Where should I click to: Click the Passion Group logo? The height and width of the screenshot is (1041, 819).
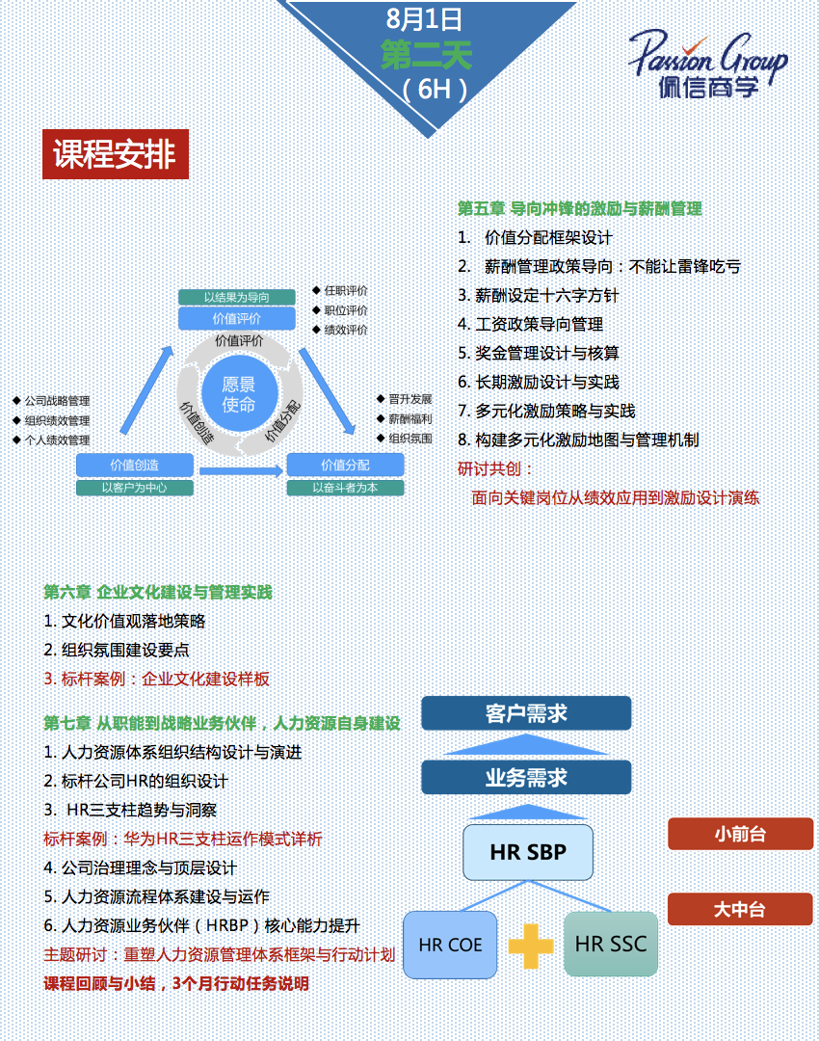click(x=707, y=64)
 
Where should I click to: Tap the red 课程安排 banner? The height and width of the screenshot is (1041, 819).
click(x=115, y=154)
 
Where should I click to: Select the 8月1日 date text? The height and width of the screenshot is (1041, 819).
click(x=424, y=18)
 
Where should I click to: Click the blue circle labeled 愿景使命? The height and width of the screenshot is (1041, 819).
click(x=239, y=395)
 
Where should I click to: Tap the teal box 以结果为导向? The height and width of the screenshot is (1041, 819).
click(x=236, y=297)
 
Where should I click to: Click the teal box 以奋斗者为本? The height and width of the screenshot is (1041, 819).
click(x=345, y=488)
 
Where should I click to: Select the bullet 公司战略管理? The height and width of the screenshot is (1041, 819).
click(x=58, y=401)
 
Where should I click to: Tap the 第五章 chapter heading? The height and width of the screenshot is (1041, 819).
click(x=579, y=208)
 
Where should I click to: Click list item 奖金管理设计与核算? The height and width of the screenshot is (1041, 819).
click(x=539, y=353)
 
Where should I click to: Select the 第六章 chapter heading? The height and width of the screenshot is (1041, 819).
click(x=158, y=592)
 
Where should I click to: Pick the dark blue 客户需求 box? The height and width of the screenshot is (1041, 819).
click(x=526, y=713)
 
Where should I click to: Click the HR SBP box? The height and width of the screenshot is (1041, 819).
click(x=527, y=852)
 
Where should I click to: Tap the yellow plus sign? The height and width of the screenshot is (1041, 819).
click(x=530, y=946)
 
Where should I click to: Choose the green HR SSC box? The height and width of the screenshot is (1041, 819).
click(x=611, y=944)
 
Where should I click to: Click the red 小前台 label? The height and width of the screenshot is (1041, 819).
click(x=740, y=834)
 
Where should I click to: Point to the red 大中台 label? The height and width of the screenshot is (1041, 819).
click(x=740, y=909)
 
